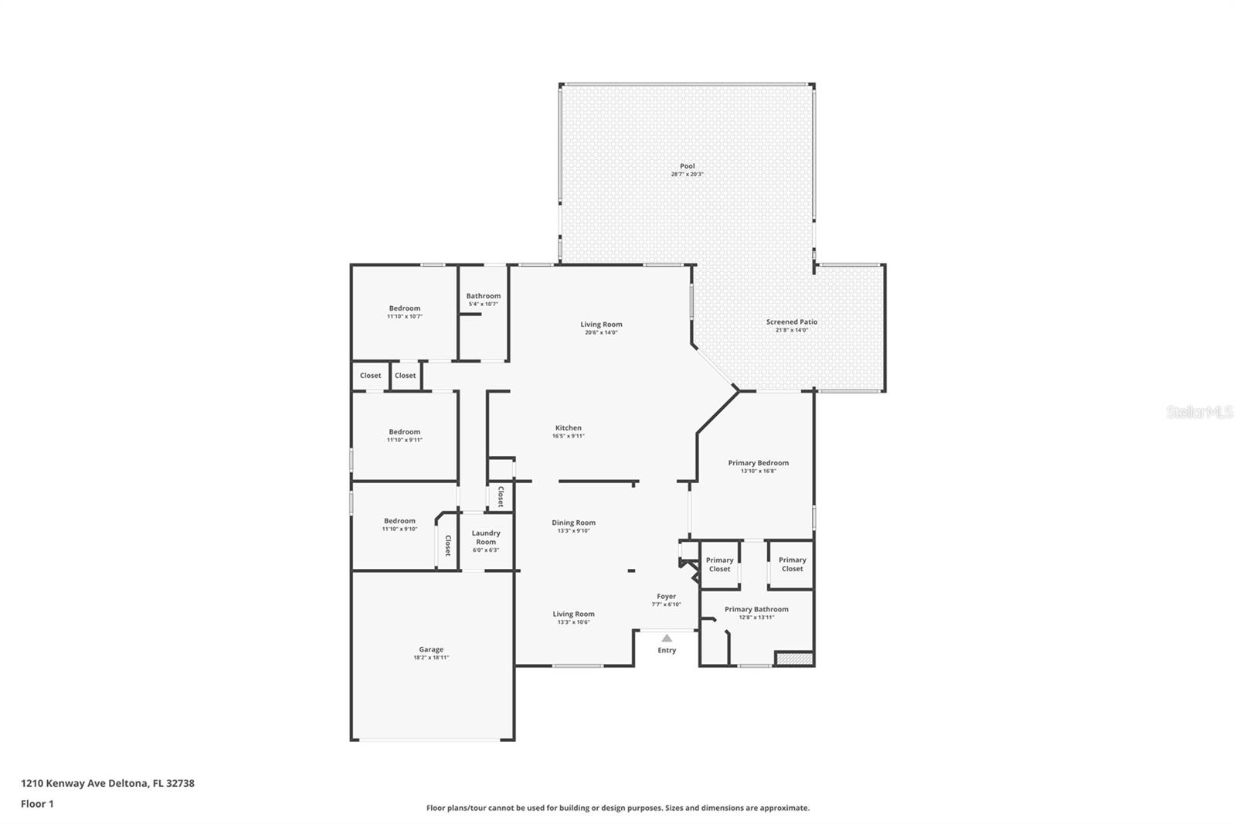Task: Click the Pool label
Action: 687,166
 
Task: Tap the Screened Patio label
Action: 791,322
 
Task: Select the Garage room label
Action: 431,649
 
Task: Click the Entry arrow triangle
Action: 667,638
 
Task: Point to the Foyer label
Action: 666,596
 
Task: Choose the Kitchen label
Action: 568,427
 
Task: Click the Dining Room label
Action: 573,523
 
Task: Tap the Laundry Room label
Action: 486,537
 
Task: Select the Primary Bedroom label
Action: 758,463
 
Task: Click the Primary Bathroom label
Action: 756,609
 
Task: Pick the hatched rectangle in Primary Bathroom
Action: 794,659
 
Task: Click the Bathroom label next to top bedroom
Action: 483,296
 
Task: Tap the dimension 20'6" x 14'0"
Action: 601,332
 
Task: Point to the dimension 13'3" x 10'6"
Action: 573,622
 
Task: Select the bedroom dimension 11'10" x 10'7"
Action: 404,316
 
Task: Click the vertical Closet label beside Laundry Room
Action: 447,546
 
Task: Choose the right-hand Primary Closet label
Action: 792,564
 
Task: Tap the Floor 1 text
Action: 37,804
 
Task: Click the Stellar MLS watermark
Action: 1199,413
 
